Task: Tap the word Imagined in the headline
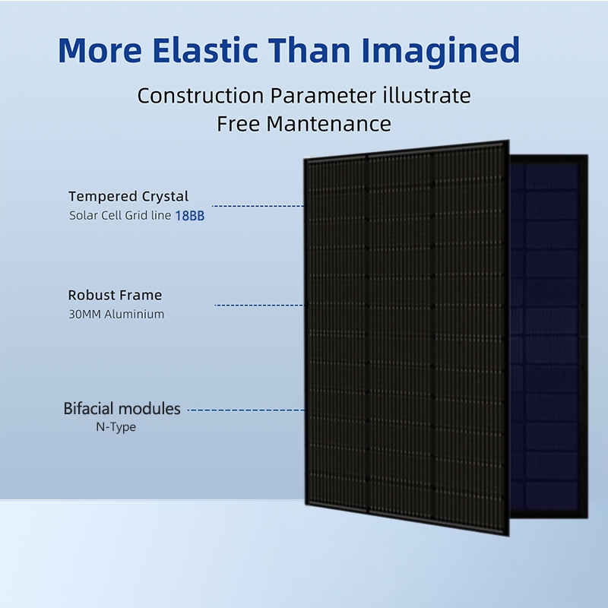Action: coord(440,50)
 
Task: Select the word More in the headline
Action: coord(100,50)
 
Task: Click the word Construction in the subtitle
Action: coord(199,97)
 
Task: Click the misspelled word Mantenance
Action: coord(328,124)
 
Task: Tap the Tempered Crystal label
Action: coord(128,198)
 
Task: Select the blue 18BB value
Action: coord(190,216)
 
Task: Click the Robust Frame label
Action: coord(115,295)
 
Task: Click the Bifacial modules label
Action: coord(122,409)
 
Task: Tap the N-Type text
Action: coord(116,427)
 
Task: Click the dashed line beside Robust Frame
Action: coord(258,305)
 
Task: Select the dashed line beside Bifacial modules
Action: coord(245,410)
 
